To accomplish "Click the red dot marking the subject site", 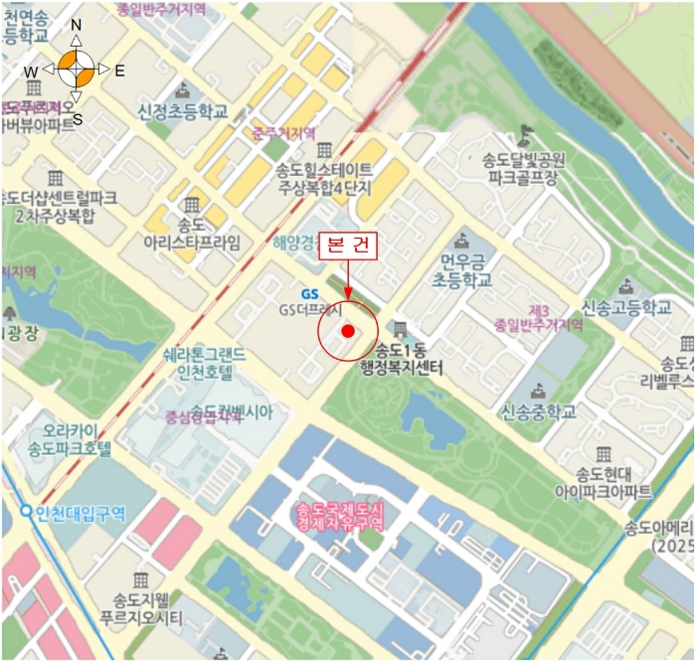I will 347,331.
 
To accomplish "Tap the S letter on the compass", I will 78,119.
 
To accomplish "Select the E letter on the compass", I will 119,71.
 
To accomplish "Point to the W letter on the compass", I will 32,72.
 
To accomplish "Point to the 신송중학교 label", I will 537,411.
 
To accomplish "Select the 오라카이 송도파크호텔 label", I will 70,440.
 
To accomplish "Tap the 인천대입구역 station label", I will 76,514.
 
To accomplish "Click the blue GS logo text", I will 310,293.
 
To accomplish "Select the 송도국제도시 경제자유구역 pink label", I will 338,514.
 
